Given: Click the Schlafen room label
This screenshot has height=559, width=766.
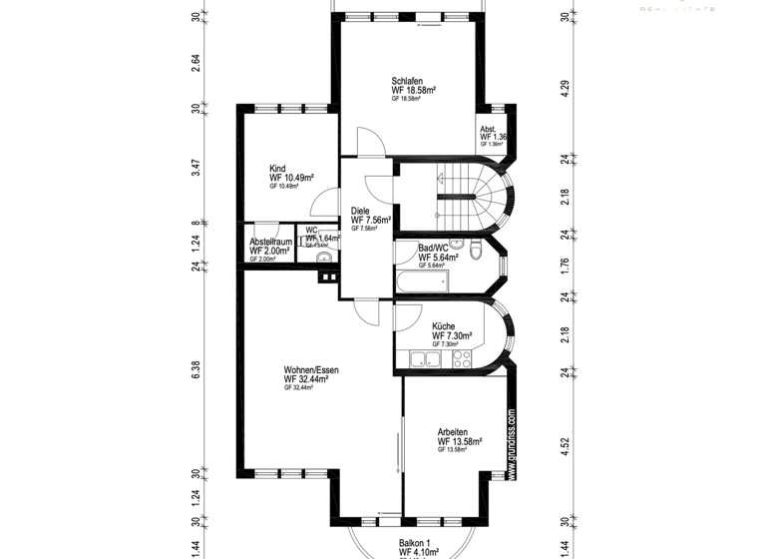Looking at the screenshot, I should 407,81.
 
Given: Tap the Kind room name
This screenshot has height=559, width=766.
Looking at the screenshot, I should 277,169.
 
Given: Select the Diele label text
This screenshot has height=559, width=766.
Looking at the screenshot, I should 360,211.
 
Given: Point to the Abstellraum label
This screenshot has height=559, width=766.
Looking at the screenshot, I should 270,242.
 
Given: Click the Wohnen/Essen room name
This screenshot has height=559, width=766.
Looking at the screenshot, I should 311,369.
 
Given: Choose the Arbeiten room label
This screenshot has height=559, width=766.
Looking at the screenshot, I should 452,432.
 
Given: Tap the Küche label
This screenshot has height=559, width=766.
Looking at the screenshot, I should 444,326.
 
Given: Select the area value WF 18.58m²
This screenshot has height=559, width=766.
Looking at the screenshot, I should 414,90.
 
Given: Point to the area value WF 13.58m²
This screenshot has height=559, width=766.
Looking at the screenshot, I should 460,441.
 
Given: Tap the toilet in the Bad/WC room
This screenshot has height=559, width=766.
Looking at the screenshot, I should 478,250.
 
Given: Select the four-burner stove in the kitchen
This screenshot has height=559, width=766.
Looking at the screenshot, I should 462,359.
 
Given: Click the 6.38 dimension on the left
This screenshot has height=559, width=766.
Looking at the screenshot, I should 196,368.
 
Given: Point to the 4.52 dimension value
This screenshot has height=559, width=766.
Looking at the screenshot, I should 565,446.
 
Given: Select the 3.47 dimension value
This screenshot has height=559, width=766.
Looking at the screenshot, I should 196,167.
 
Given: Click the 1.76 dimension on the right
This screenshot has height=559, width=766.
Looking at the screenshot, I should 565,266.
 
